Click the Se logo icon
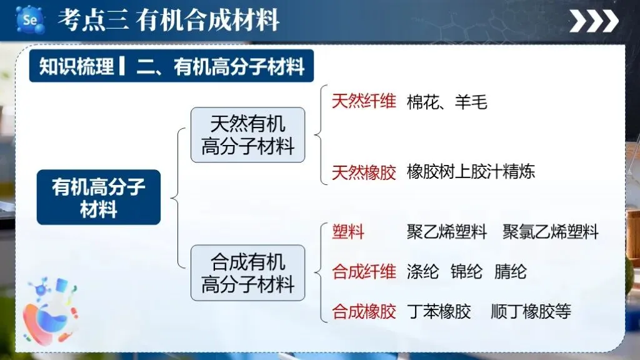tap(29, 20)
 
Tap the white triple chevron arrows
tap(594, 21)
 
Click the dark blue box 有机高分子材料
tap(98, 197)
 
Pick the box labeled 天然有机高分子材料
tap(247, 135)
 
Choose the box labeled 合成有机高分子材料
tap(247, 272)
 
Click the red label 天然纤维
tap(364, 101)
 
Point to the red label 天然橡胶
tap(364, 172)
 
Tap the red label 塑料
tap(348, 232)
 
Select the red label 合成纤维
tap(364, 272)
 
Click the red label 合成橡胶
tap(364, 311)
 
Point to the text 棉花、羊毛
tap(447, 102)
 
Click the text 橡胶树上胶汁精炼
tap(471, 172)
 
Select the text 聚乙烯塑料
tap(447, 232)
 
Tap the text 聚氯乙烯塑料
tap(551, 232)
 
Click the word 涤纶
tap(422, 272)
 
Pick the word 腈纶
tap(510, 272)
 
